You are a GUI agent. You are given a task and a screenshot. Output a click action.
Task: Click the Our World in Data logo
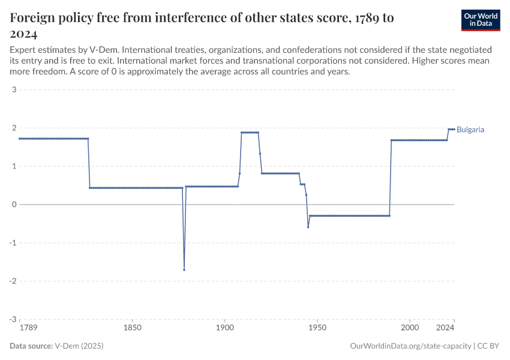481,20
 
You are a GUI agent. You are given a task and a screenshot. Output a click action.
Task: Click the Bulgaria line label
470,129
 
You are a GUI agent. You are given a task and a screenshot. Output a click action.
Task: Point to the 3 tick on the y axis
13,90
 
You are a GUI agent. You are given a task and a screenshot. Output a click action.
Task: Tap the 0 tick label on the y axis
13,205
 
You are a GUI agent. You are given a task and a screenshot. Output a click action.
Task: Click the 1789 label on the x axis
28,328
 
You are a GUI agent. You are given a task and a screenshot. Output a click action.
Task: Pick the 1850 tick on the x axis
133,328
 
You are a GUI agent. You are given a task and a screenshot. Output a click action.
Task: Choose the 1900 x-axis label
224,328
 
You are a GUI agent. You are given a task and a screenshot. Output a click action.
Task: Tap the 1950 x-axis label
317,328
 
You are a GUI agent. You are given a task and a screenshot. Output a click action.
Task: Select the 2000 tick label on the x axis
409,328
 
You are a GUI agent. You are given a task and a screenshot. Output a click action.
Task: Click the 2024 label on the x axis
445,328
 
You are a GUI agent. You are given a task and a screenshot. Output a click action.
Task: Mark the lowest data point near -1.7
184,269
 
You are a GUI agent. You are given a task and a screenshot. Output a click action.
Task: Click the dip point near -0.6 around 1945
308,227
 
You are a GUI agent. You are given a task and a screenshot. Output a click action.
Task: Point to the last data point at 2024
454,129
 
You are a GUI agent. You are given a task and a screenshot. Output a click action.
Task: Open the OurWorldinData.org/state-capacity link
410,346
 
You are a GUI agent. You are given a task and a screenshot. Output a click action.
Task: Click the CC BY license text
489,346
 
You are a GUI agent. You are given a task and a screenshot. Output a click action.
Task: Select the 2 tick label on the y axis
13,128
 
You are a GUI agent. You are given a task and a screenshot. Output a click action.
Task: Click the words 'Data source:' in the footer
31,346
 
